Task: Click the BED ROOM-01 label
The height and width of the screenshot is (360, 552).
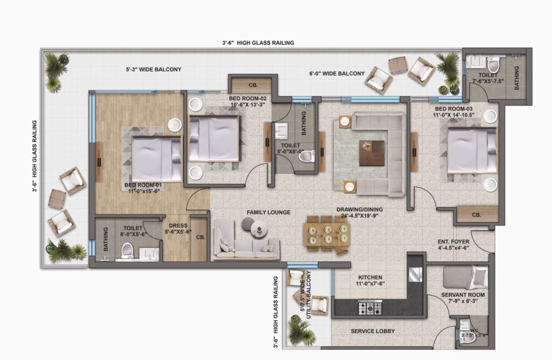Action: (x=143, y=185)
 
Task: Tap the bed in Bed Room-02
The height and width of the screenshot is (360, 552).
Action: (x=214, y=139)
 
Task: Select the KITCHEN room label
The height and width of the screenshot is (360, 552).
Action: (x=370, y=278)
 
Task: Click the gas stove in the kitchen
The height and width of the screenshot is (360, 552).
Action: (x=370, y=308)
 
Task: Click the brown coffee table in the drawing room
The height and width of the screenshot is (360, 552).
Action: (x=372, y=153)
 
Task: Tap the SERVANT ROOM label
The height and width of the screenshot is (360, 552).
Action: (x=463, y=295)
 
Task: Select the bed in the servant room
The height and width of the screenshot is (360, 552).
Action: (x=465, y=278)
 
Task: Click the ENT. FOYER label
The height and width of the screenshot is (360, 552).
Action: (x=453, y=242)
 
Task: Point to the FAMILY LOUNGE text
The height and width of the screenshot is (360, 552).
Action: (x=268, y=212)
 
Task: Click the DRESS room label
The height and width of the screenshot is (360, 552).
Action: (x=178, y=226)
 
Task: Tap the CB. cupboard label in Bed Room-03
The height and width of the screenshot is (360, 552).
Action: (x=477, y=214)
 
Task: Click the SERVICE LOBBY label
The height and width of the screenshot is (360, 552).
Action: (x=373, y=331)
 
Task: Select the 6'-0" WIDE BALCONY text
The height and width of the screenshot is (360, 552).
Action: (x=337, y=73)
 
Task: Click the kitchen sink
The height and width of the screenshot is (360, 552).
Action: (x=416, y=275)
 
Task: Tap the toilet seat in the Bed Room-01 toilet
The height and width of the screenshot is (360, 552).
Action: (x=127, y=251)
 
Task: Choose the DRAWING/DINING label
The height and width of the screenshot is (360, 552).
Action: (x=360, y=210)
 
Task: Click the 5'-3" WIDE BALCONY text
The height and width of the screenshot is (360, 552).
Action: (x=154, y=70)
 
